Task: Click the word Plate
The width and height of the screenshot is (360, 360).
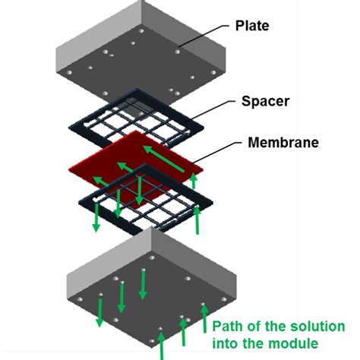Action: click(252, 26)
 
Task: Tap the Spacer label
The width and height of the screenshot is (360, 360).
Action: click(265, 101)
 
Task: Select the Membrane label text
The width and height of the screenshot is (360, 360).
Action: click(283, 142)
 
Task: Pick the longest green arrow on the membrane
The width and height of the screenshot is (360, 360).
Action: click(164, 159)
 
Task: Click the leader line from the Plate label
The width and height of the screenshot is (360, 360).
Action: click(204, 36)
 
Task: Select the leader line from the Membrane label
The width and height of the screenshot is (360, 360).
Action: click(217, 152)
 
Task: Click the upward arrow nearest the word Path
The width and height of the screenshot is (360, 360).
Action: click(204, 319)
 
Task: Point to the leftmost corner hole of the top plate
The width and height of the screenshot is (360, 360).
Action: click(69, 73)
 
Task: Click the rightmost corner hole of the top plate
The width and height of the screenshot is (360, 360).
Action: click(213, 73)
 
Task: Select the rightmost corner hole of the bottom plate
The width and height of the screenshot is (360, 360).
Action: click(224, 299)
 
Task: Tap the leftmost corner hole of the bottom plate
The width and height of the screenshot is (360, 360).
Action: click(80, 299)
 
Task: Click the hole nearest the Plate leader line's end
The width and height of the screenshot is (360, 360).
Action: click(178, 52)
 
